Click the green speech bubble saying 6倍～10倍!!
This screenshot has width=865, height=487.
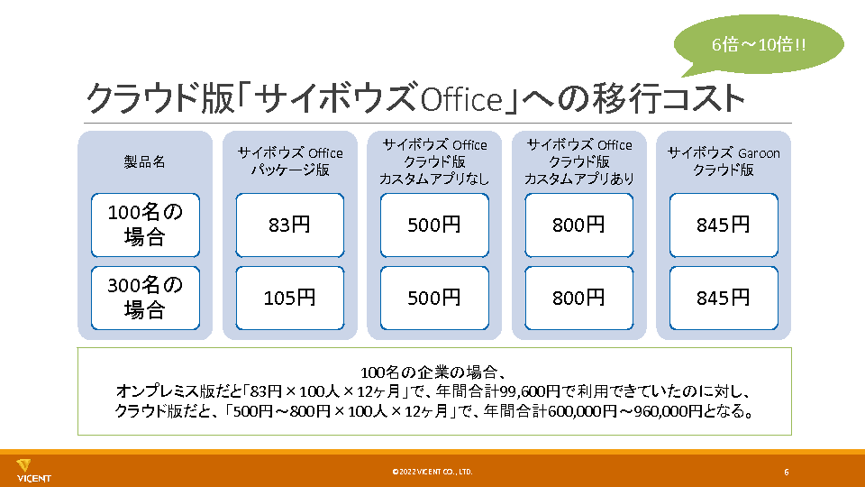pyautogui.click(x=759, y=45)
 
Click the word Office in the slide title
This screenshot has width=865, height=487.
pyautogui.click(x=461, y=100)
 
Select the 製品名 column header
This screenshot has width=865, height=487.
pyautogui.click(x=144, y=161)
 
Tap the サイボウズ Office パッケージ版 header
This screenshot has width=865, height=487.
pyautogui.click(x=290, y=161)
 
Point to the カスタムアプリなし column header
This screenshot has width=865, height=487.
pyautogui.click(x=434, y=161)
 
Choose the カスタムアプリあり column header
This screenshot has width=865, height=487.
pyautogui.click(x=578, y=161)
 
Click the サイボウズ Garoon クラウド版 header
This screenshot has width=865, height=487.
pyautogui.click(x=724, y=161)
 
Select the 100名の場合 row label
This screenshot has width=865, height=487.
pyautogui.click(x=145, y=225)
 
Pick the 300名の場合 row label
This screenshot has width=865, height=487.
pyautogui.click(x=145, y=298)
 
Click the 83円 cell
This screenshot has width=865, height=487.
pyautogui.click(x=289, y=225)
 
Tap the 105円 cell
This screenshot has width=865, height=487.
pyautogui.click(x=289, y=298)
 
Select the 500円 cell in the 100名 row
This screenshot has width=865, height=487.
pyautogui.click(x=434, y=225)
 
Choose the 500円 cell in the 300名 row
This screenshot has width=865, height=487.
pyautogui.click(x=434, y=298)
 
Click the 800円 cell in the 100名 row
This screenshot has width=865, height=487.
pyautogui.click(x=578, y=225)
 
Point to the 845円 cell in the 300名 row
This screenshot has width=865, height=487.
pyautogui.click(x=724, y=298)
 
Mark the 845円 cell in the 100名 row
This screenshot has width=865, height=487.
pyautogui.click(x=724, y=225)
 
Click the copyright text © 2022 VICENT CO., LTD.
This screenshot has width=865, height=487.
pyautogui.click(x=432, y=472)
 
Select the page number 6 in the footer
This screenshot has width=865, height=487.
pyautogui.click(x=786, y=472)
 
